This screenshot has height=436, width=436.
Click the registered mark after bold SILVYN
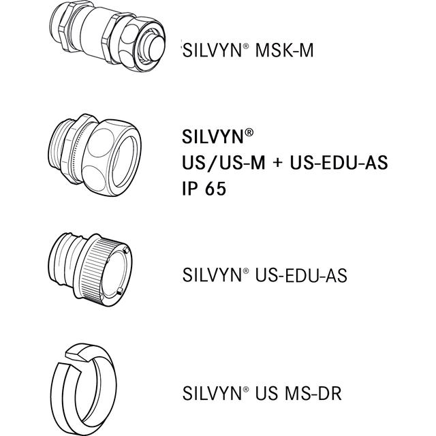(x=250, y=134)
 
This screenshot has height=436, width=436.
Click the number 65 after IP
(x=215, y=189)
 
